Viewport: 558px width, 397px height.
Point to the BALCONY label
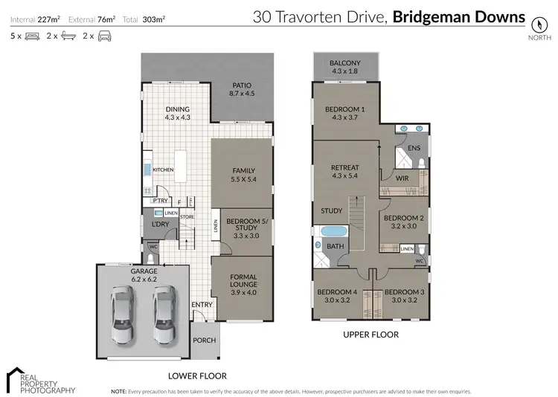[344, 63]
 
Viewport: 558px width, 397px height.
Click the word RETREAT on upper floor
[344, 168]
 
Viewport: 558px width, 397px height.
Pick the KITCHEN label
[163, 170]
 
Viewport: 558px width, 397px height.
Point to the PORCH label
[204, 340]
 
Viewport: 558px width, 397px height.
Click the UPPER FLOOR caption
[371, 335]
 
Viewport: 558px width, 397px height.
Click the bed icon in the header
[31, 36]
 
